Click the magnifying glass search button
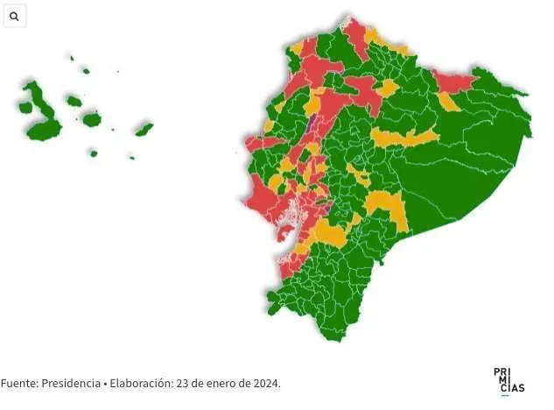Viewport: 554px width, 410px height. (14, 16)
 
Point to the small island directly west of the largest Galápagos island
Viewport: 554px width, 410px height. (25, 108)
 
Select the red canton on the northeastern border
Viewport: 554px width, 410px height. (452, 82)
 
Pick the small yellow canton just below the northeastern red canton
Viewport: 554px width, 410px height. (449, 102)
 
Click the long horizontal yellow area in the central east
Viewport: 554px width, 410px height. (403, 138)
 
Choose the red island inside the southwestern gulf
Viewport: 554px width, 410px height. (285, 236)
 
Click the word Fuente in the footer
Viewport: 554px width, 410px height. (18, 384)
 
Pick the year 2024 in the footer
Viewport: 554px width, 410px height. (264, 384)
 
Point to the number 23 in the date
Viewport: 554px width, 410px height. (183, 384)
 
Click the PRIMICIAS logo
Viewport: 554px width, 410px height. (508, 381)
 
